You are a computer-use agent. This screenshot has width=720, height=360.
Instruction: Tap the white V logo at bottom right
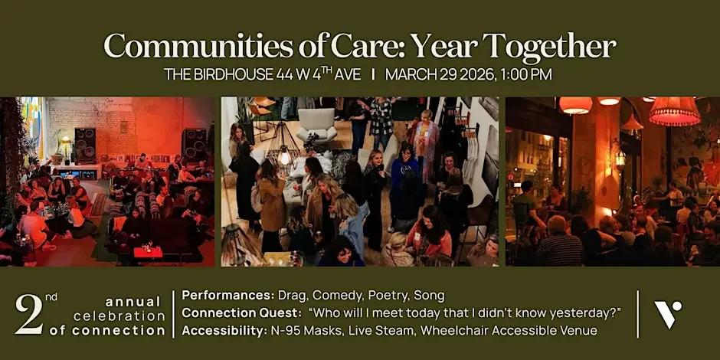click(667, 314)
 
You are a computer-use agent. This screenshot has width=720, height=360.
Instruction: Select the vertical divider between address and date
click(373, 75)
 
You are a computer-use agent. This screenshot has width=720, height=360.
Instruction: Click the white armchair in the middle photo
click(317, 124)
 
